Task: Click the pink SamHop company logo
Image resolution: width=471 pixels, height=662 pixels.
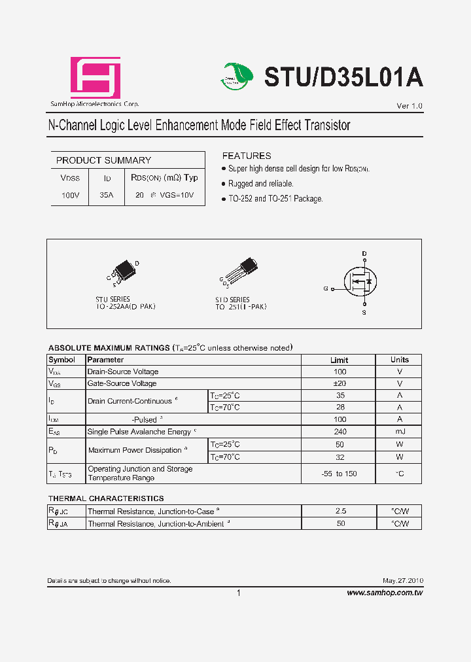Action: pos(96,78)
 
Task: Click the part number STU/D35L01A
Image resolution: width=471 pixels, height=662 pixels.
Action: pos(343,77)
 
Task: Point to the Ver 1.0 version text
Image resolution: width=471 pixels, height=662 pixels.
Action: pos(410,106)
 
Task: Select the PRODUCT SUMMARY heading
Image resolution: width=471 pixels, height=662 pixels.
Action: pos(103,160)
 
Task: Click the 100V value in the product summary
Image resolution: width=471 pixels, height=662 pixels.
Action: pos(70,195)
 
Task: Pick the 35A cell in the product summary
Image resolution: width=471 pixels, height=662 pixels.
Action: pos(107,195)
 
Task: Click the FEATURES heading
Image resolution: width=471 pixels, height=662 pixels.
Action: pos(247,156)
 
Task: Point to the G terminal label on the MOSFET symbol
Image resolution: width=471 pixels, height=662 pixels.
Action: pos(325,288)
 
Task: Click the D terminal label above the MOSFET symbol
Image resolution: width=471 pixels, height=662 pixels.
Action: pos(364,253)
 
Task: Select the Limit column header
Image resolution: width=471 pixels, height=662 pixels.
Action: pos(339,360)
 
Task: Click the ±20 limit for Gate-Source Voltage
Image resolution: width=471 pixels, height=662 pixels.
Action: pos(339,383)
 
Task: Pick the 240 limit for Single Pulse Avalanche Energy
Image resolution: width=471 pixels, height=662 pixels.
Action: pos(340,432)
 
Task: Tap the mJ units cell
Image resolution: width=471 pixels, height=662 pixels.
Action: pos(399,432)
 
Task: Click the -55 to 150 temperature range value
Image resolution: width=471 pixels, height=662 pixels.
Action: pos(339,474)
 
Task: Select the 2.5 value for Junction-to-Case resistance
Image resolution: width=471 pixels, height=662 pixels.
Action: pos(340,511)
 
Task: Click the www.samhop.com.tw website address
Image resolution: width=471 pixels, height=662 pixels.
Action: pos(385,593)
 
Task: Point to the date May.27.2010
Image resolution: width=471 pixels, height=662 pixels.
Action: pos(403,581)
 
